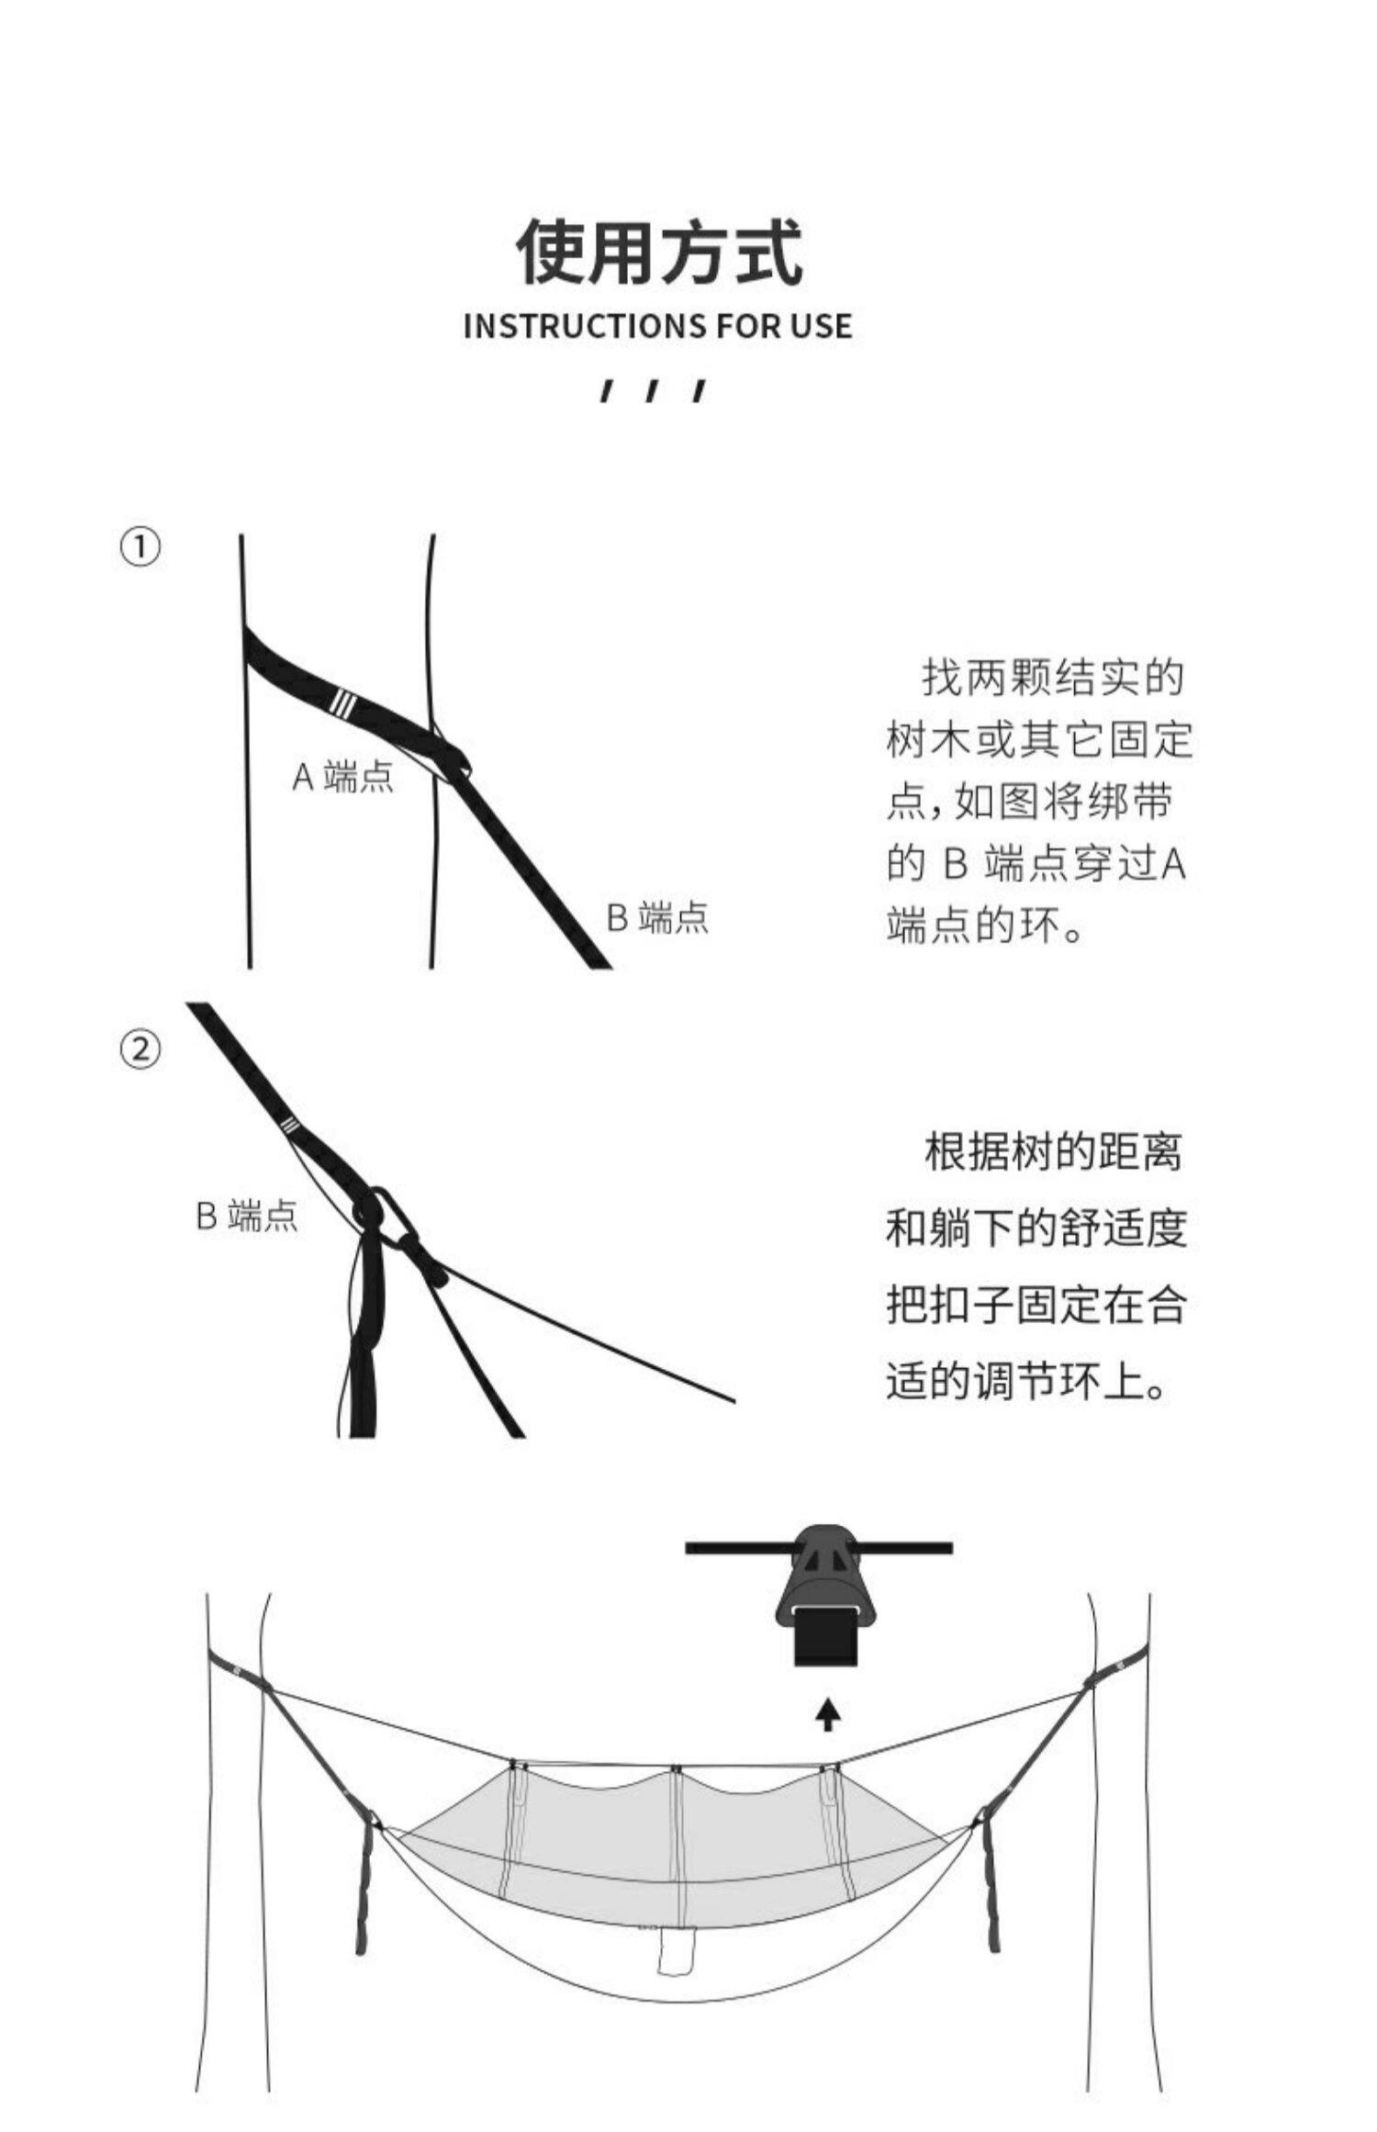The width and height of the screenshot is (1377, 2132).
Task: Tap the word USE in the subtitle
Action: pos(819,326)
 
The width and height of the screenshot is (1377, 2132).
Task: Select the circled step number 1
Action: pos(140,547)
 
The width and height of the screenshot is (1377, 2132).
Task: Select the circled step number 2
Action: pos(140,1049)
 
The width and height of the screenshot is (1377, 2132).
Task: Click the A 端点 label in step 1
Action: pos(342,777)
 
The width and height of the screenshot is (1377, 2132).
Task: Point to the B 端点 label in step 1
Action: pos(657,917)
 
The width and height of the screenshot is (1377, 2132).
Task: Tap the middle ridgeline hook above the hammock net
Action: pos(676,1768)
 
